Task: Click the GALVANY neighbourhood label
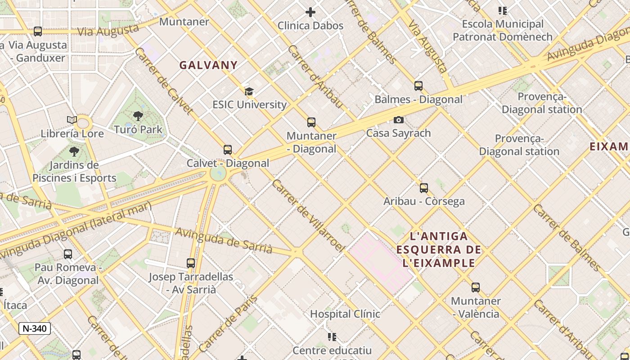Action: (208, 65)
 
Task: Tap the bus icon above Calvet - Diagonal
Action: (228, 150)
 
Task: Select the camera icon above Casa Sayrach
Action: (398, 120)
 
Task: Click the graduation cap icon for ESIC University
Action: (249, 92)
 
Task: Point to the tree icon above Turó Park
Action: (138, 116)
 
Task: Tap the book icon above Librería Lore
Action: (72, 120)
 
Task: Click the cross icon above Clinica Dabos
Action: (310, 12)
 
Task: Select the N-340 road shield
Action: (35, 328)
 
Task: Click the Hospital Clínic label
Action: (345, 314)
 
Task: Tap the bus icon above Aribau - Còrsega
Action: (424, 188)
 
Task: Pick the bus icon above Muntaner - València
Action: (476, 288)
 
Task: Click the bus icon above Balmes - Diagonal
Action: (418, 86)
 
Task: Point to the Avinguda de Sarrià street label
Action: (224, 240)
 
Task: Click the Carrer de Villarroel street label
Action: (308, 216)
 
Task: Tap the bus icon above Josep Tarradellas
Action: (191, 263)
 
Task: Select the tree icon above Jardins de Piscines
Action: (74, 151)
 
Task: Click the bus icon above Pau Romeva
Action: (68, 254)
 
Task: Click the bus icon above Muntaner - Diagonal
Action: (311, 122)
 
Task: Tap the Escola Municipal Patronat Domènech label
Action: (503, 30)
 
